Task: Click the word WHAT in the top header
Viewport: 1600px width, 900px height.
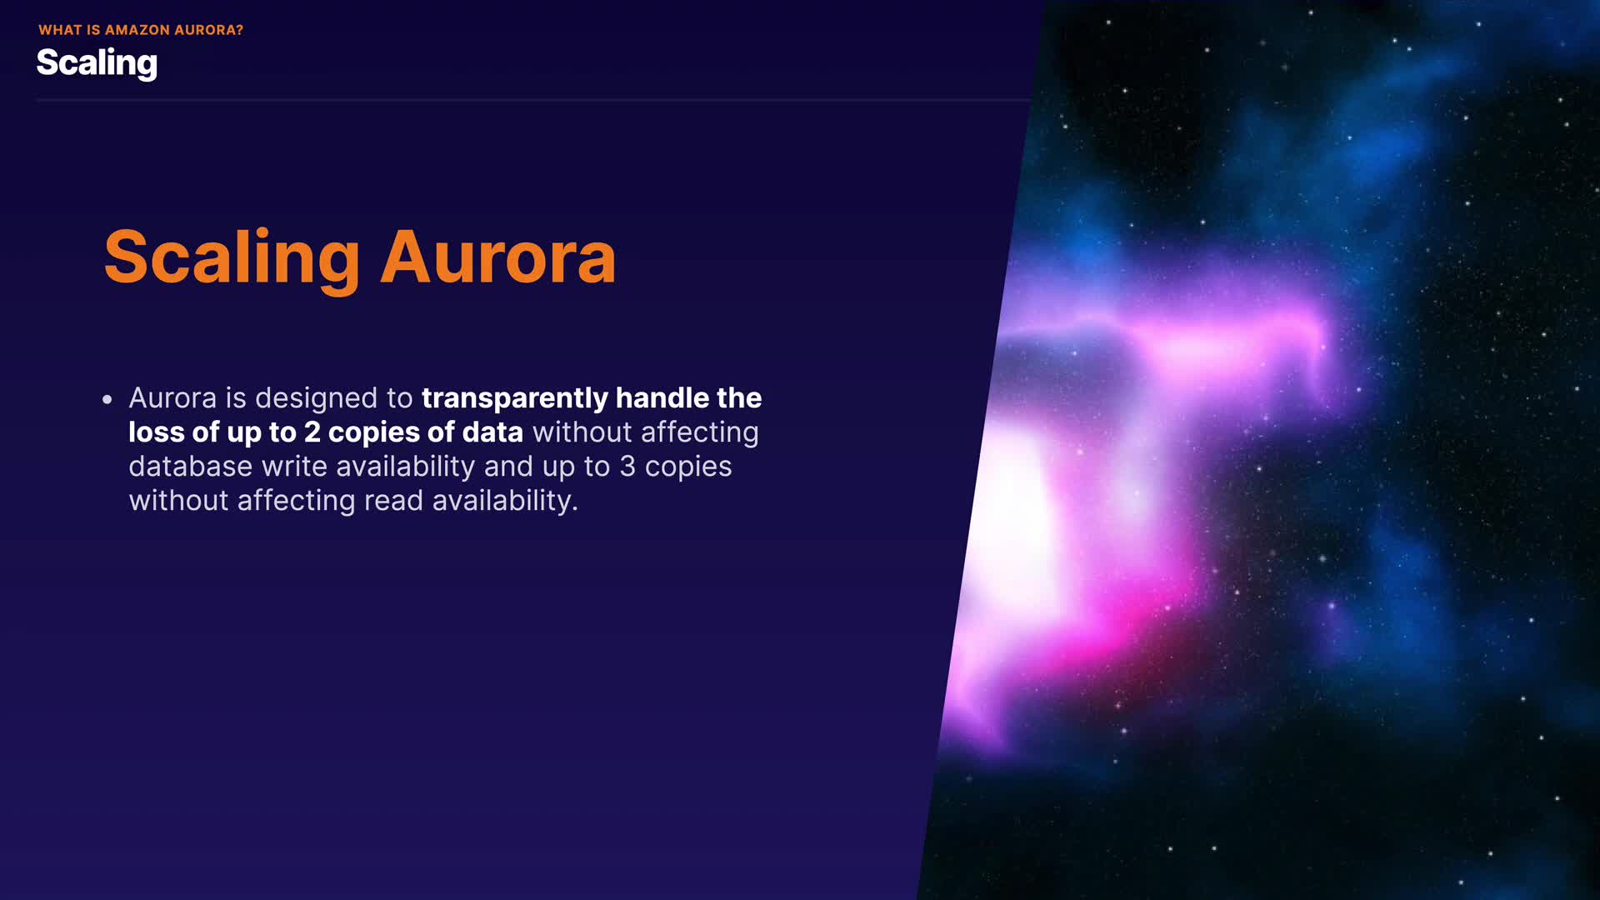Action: pyautogui.click(x=61, y=30)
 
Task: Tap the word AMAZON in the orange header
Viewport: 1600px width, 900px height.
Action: pyautogui.click(x=137, y=30)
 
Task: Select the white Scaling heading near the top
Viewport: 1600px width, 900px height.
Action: pyautogui.click(x=97, y=63)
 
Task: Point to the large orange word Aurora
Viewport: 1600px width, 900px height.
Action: pyautogui.click(x=498, y=258)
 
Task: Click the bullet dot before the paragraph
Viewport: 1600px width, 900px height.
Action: pyautogui.click(x=107, y=400)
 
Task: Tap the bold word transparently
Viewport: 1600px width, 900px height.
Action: pyautogui.click(x=514, y=398)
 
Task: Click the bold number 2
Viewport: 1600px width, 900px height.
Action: pyautogui.click(x=312, y=432)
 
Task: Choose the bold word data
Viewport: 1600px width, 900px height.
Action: pyautogui.click(x=492, y=432)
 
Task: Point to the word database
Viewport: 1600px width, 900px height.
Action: pyautogui.click(x=190, y=466)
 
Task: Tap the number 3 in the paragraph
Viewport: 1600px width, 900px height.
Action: pyautogui.click(x=627, y=467)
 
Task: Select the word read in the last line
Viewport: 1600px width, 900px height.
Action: pyautogui.click(x=393, y=500)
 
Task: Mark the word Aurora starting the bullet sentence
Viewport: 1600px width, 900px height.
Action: pyautogui.click(x=172, y=398)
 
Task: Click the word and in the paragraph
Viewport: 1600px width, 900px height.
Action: pyautogui.click(x=508, y=466)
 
